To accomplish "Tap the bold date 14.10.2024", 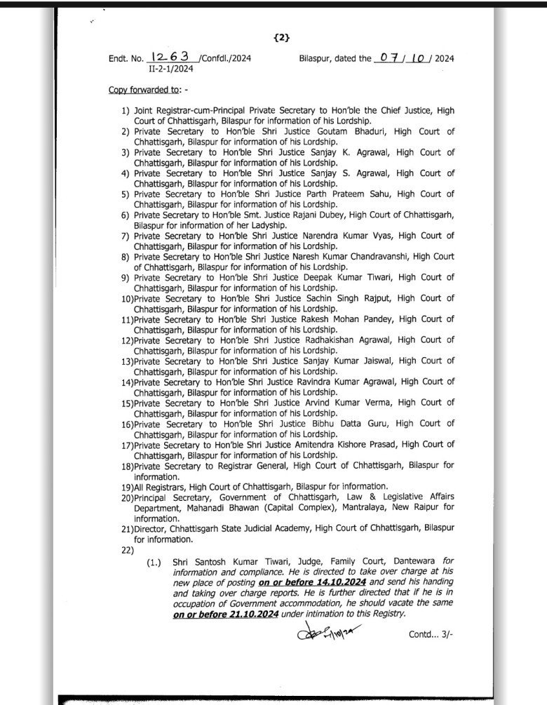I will (320, 584).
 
